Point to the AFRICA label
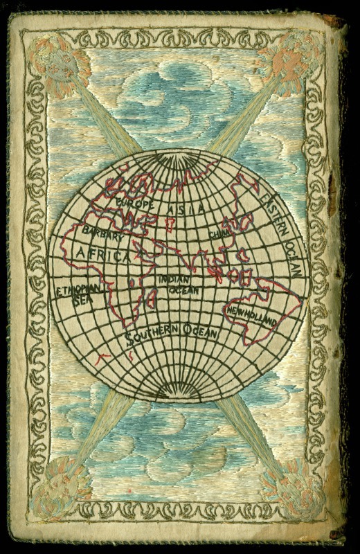(x=104, y=254)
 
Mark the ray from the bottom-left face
(x=104, y=429)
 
